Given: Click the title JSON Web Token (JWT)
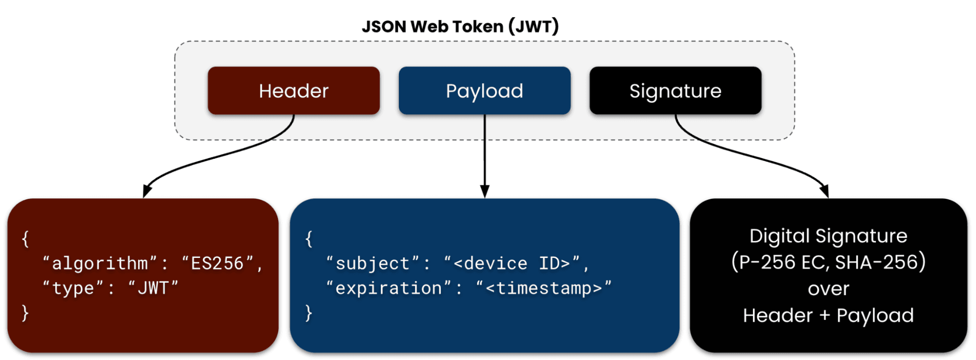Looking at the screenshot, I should point(460,26).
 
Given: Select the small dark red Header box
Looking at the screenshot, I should point(293,91).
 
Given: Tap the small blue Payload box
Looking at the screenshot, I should point(484,91).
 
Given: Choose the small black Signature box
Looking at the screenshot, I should point(675,91).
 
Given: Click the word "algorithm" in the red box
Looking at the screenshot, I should point(100,264).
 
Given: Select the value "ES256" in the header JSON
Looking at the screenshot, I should point(217,264).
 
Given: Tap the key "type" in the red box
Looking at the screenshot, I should point(73,288).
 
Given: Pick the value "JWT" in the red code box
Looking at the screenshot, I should point(153,288).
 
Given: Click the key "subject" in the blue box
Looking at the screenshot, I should point(373,264).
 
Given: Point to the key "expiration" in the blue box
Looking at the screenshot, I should point(389,288).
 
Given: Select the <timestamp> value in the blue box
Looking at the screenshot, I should point(543,288).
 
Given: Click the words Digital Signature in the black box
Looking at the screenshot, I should point(828,236).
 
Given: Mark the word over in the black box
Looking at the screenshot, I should point(828,289).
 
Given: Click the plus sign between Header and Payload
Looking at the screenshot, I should point(825,316).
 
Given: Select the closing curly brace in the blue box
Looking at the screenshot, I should point(309,313).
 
